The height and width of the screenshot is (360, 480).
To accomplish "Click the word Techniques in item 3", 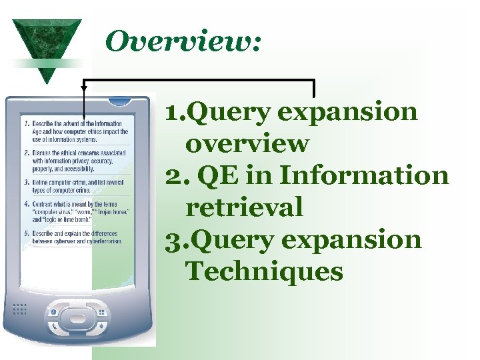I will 264,272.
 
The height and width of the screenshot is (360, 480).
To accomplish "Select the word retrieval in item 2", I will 244,208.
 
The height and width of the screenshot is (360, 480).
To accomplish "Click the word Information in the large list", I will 364,176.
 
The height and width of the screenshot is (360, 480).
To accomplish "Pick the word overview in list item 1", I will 247,144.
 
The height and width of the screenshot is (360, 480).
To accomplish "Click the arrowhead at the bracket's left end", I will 84,86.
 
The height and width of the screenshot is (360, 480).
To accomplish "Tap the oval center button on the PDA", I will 77,313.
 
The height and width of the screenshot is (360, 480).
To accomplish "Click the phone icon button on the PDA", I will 53,312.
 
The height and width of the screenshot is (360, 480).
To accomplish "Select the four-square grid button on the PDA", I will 101,312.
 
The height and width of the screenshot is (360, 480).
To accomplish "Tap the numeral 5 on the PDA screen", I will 25,234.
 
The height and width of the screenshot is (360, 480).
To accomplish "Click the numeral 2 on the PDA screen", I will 25,152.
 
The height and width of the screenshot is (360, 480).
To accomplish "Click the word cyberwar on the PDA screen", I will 63,241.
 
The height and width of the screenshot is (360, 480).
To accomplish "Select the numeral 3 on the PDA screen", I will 25,181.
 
